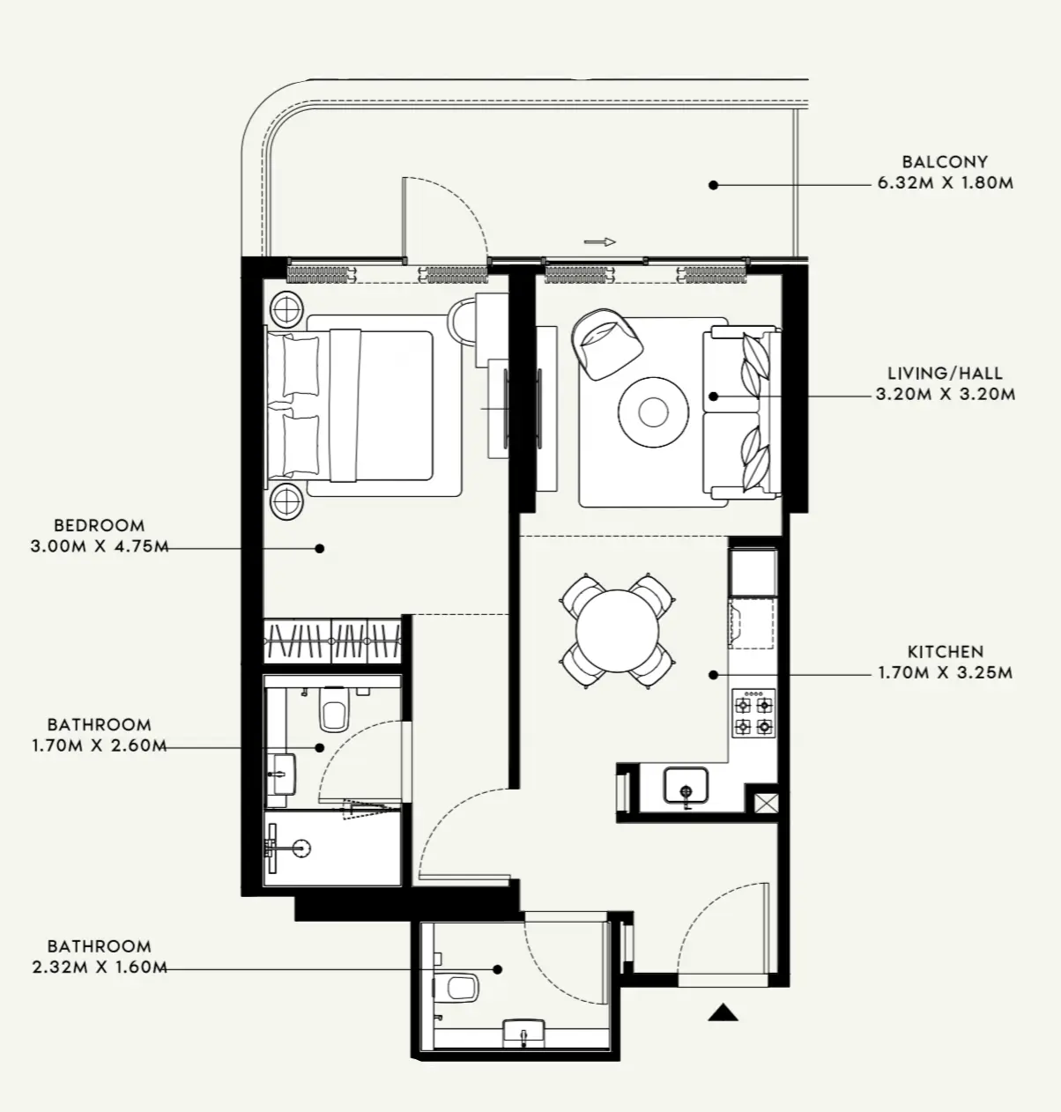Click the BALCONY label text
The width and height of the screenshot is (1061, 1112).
point(945,162)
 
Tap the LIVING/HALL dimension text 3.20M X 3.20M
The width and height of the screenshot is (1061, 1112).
point(945,394)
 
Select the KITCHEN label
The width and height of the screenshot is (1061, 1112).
point(945,652)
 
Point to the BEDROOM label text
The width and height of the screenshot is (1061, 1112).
point(99,525)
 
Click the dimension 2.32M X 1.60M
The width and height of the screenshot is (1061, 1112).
point(99,967)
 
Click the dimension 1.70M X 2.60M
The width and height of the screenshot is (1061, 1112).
point(99,745)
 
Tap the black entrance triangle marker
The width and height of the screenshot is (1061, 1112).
point(723,1012)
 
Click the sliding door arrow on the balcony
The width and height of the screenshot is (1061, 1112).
point(599,241)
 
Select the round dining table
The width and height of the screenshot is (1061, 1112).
point(618,631)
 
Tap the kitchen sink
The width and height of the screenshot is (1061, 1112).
point(686,785)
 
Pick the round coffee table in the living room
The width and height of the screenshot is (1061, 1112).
point(653,411)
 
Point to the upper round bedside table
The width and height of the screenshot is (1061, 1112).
point(287,309)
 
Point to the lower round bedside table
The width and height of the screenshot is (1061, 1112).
point(287,501)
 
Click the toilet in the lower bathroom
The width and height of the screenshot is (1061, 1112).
point(459,986)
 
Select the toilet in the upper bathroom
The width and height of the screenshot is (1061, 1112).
point(334,710)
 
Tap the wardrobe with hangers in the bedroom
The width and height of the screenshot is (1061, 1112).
point(332,641)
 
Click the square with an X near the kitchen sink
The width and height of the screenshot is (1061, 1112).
point(761,803)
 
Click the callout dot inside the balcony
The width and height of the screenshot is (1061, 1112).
point(713,185)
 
